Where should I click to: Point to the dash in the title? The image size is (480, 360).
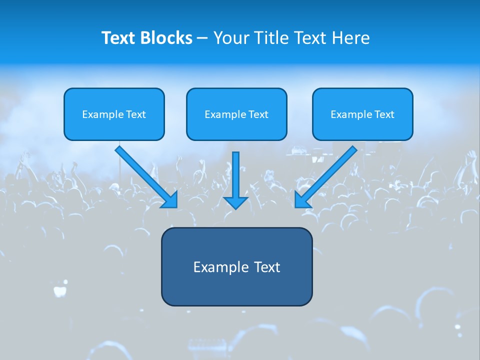pos(202,38)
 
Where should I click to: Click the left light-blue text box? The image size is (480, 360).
pos(114,114)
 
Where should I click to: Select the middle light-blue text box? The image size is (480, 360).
pos(236,114)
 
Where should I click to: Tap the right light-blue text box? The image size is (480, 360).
pos(362,114)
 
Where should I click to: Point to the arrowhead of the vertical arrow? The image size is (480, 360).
pos(235,202)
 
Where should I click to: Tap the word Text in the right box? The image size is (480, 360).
pos(384,114)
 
